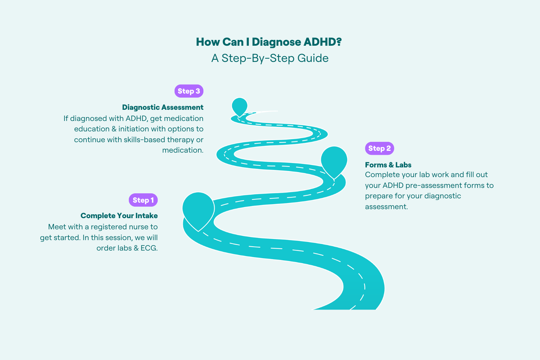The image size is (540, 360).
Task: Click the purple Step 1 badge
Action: tap(143, 200)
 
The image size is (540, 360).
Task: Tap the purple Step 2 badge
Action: tap(379, 148)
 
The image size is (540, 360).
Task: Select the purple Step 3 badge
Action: tap(189, 91)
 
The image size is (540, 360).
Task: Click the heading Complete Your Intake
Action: tap(119, 216)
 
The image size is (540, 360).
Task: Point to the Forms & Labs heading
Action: tap(388, 165)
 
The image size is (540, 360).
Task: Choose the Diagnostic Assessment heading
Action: tap(163, 107)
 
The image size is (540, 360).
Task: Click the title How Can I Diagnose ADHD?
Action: tap(269, 42)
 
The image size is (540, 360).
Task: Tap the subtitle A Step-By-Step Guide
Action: tap(270, 58)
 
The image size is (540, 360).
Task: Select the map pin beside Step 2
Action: tap(334, 160)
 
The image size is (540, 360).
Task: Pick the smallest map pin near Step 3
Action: tap(239, 106)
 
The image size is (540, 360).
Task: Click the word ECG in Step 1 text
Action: tap(149, 248)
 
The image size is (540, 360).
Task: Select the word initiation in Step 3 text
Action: tap(134, 129)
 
